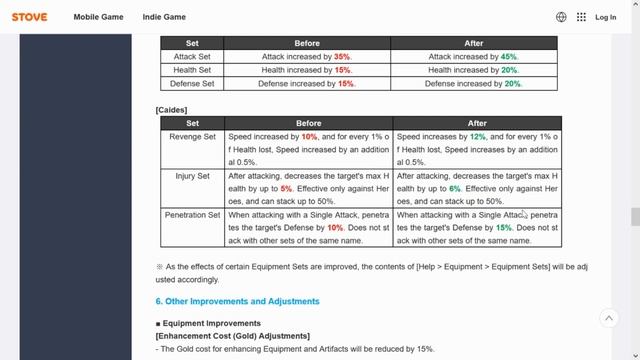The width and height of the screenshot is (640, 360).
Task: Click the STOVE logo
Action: pyautogui.click(x=29, y=17)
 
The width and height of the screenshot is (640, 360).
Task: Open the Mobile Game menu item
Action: pyautogui.click(x=98, y=17)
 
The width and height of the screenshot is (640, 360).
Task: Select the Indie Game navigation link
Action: pyautogui.click(x=161, y=17)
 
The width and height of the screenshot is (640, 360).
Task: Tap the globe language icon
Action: pyautogui.click(x=561, y=17)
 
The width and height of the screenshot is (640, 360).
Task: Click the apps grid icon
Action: pyautogui.click(x=581, y=17)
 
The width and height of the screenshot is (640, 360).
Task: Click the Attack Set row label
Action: pyautogui.click(x=192, y=57)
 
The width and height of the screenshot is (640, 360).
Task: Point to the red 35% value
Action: pyautogui.click(x=342, y=57)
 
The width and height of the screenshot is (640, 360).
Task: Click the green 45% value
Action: pyautogui.click(x=509, y=57)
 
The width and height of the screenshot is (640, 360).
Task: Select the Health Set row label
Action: pyautogui.click(x=192, y=70)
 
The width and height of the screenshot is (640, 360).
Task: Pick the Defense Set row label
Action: pyautogui.click(x=192, y=84)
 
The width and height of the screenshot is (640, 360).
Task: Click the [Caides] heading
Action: pyautogui.click(x=171, y=109)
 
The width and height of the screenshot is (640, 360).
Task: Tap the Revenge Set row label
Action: pyautogui.click(x=192, y=136)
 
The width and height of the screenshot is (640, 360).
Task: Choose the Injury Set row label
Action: pyautogui.click(x=192, y=175)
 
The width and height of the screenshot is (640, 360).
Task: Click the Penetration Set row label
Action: pyautogui.click(x=192, y=214)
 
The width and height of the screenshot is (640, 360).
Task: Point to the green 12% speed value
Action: pyautogui.click(x=477, y=136)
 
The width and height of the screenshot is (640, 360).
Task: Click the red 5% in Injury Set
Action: pyautogui.click(x=286, y=188)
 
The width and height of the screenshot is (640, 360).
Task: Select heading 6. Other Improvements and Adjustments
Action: pyautogui.click(x=237, y=301)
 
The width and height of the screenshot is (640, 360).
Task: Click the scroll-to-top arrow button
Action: pyautogui.click(x=609, y=318)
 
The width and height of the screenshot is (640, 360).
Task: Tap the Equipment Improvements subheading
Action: pyautogui.click(x=211, y=324)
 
